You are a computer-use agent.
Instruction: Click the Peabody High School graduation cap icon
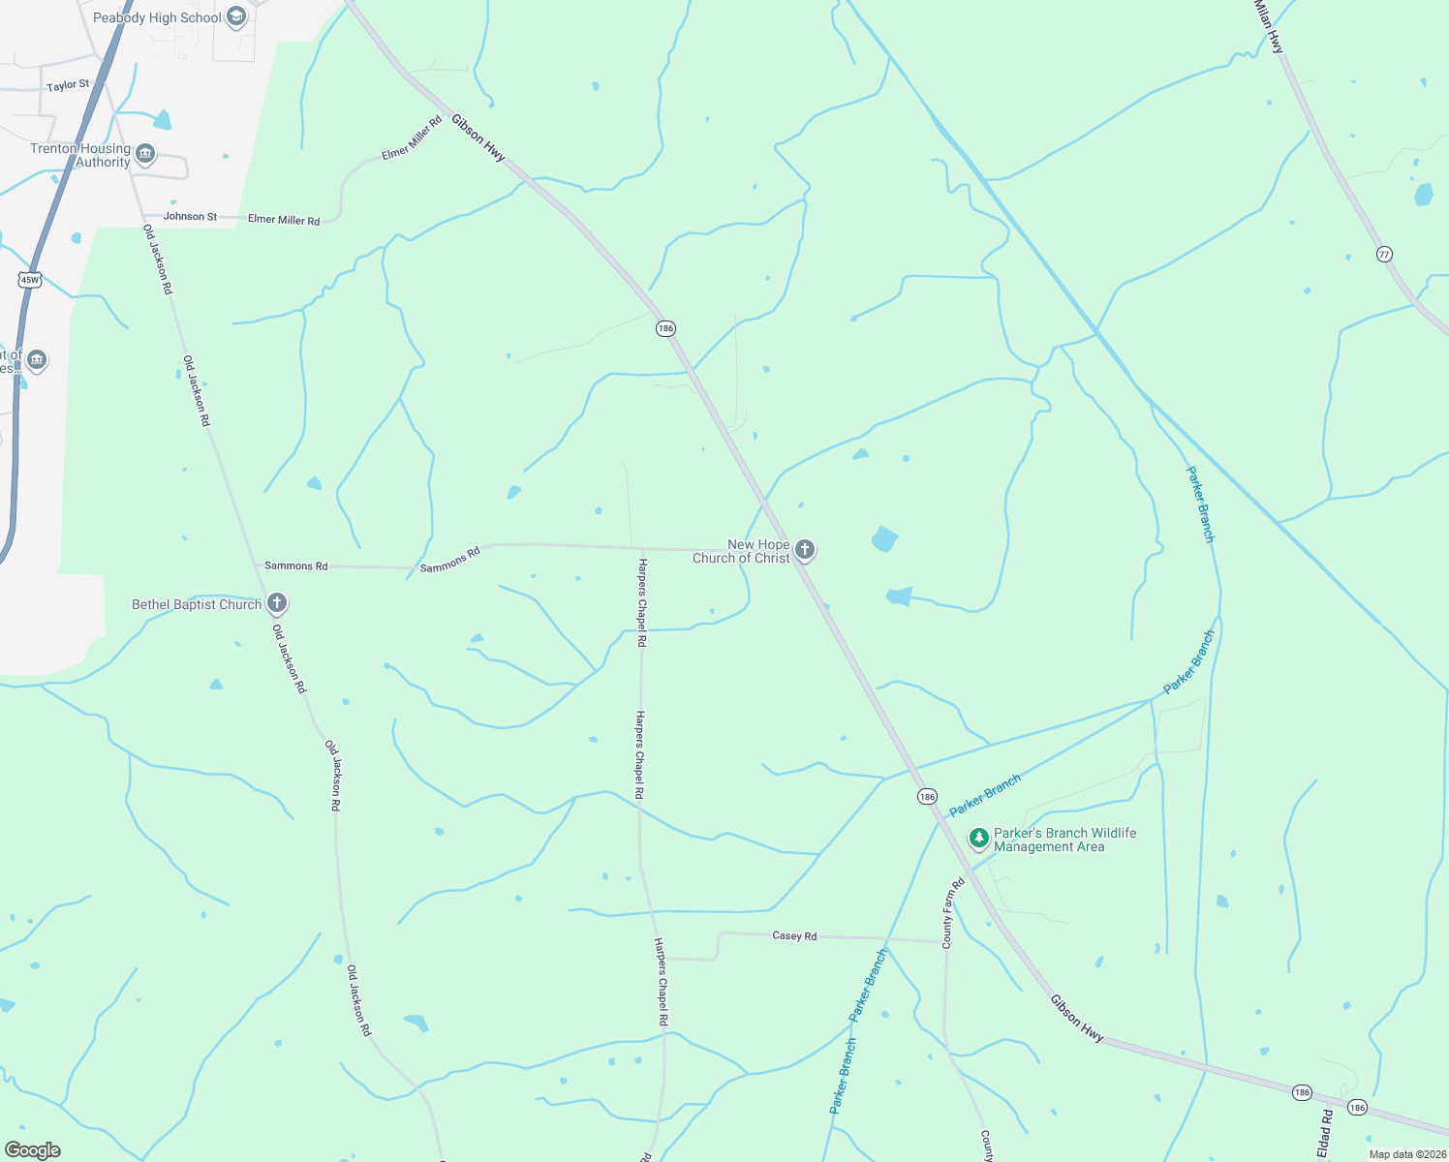(x=236, y=16)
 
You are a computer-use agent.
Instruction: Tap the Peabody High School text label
(x=157, y=17)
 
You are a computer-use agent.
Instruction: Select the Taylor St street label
(x=68, y=86)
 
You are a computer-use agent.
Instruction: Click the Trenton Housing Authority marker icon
(x=145, y=155)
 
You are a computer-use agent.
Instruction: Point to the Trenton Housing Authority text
(x=80, y=155)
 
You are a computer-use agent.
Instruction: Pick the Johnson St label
(x=190, y=217)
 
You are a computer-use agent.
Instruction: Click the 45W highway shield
(x=30, y=280)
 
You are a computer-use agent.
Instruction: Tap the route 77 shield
(x=1384, y=255)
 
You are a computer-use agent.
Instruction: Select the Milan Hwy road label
(x=1269, y=26)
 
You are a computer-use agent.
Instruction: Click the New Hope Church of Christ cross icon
(x=805, y=551)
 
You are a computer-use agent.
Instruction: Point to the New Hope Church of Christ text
(x=741, y=551)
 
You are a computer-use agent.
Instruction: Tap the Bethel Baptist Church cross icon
(x=276, y=604)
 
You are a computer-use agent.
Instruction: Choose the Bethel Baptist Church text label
(x=197, y=605)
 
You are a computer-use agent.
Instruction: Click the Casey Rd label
(x=794, y=936)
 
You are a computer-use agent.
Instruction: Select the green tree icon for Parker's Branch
(x=978, y=839)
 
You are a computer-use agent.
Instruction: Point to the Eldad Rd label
(x=1326, y=1135)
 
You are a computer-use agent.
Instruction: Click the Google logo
(x=33, y=1150)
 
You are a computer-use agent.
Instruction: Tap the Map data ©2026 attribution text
(x=1406, y=1154)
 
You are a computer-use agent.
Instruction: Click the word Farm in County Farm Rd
(x=950, y=908)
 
